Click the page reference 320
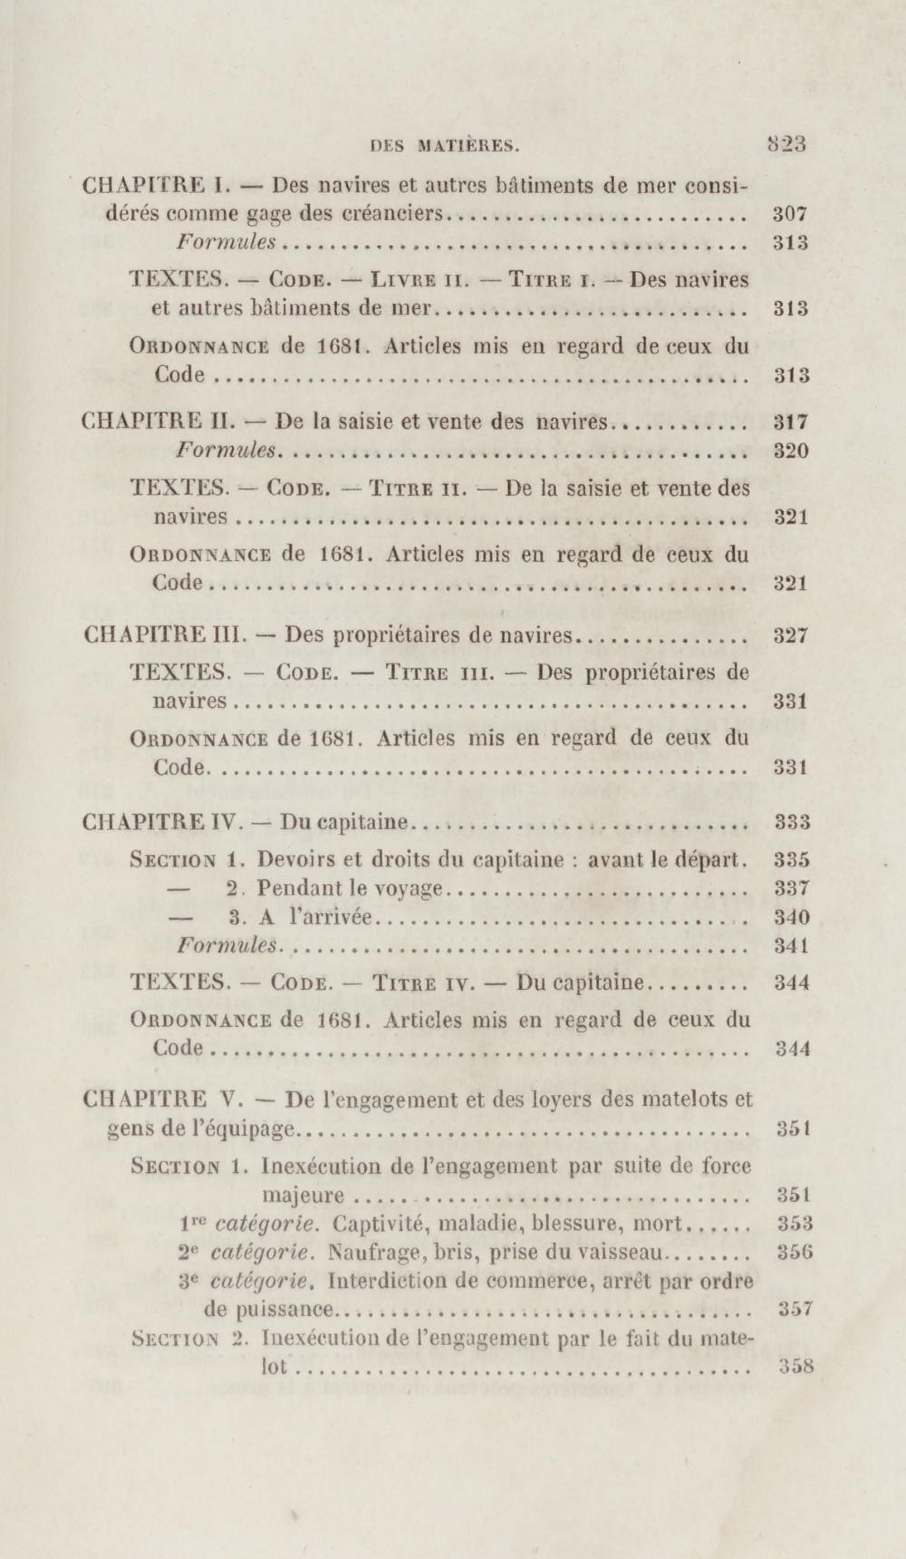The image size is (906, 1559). coord(791,450)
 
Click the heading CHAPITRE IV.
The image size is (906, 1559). coord(162,822)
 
